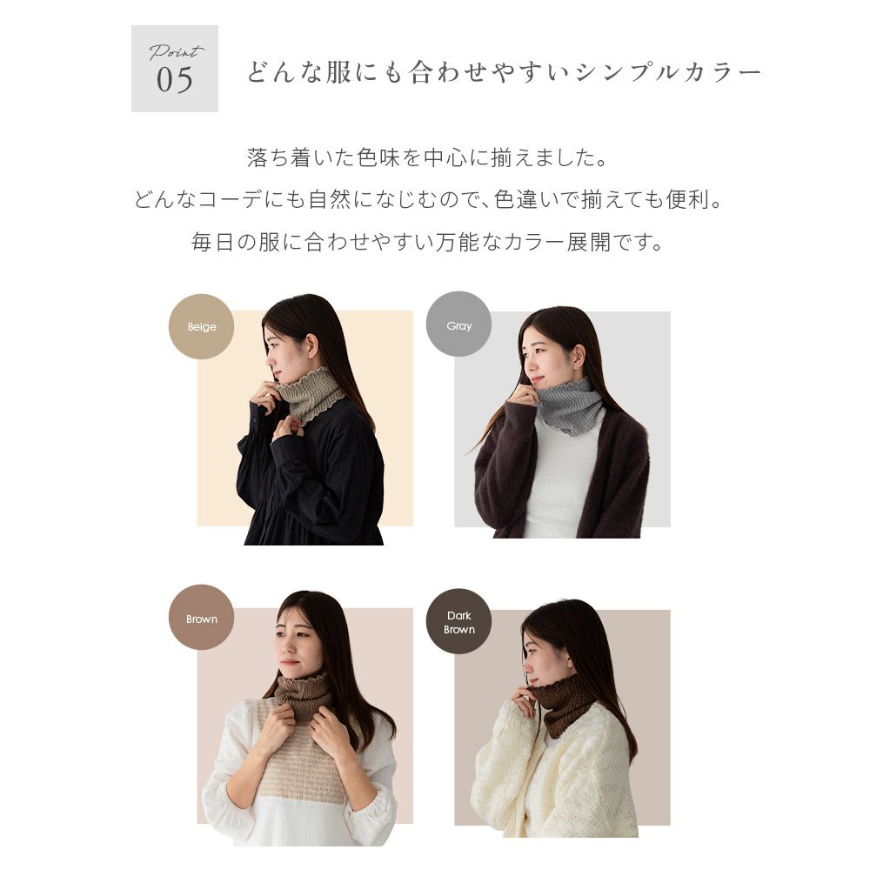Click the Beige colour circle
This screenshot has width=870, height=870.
pos(201,326)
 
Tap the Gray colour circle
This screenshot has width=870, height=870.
pos(458,324)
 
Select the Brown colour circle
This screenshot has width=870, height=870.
pos(201,617)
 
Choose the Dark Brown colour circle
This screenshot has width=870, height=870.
pos(458,621)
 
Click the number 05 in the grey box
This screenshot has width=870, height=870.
pos(174,80)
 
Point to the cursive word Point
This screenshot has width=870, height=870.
pos(176,52)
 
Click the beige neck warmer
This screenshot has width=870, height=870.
pos(310,395)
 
